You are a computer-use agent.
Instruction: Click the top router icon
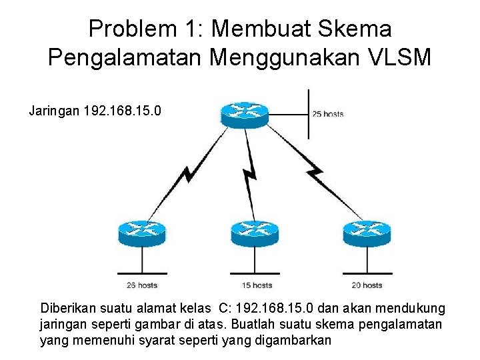(244, 114)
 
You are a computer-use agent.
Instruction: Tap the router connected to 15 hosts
(254, 233)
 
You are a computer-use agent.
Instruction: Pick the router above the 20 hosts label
(366, 233)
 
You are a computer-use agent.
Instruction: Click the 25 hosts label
(328, 114)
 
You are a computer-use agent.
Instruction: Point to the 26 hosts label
(141, 285)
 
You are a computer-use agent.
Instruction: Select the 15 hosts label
(257, 285)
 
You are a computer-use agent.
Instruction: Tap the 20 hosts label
(367, 285)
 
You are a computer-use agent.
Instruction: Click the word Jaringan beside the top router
(55, 110)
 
